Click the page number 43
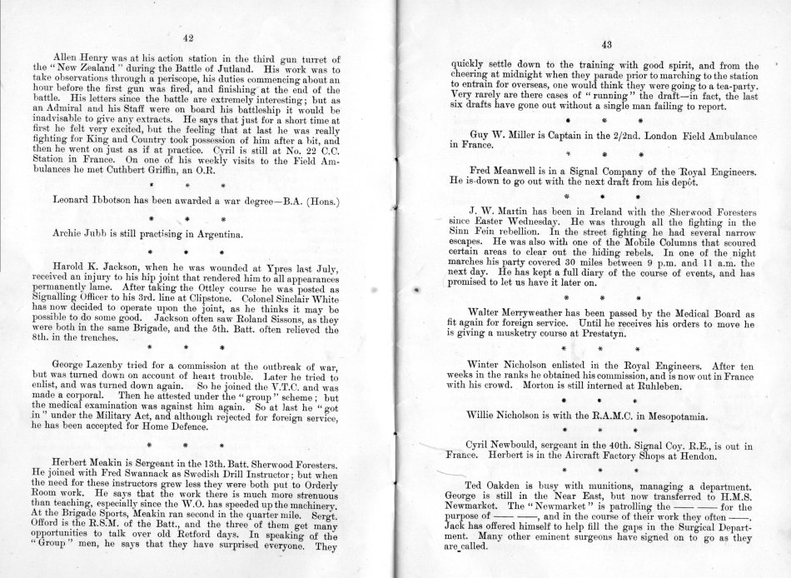pos(605,46)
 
